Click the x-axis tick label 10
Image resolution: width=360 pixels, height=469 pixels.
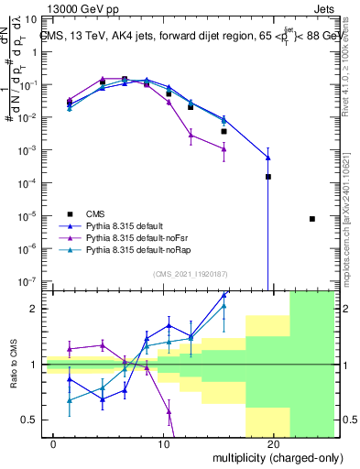click(x=164, y=443)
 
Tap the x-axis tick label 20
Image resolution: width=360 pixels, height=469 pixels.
click(x=273, y=443)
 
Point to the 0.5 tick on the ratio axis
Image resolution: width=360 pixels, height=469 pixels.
click(x=28, y=420)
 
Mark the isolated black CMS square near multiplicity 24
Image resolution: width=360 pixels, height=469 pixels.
click(x=312, y=219)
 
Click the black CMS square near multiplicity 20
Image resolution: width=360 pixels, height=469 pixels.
click(x=268, y=177)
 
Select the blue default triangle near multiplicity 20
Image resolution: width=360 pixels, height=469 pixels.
click(x=268, y=147)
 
